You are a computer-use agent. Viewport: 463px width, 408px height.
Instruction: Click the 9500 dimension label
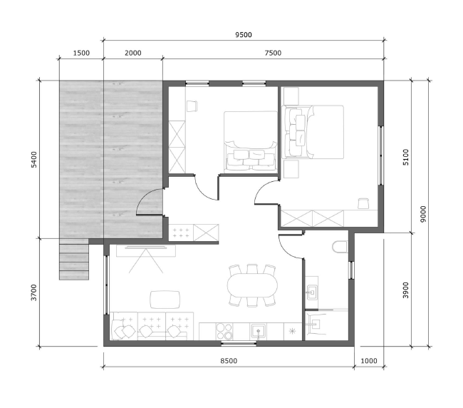(x=244, y=35)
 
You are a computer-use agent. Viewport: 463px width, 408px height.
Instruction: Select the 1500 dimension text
(x=81, y=53)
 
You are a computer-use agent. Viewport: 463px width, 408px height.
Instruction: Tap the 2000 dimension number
(x=133, y=53)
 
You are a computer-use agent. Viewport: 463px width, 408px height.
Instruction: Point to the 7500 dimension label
(x=273, y=53)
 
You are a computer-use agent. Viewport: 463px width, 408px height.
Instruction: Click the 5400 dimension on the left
(x=34, y=160)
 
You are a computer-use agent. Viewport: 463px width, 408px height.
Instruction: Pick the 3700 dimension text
(x=34, y=292)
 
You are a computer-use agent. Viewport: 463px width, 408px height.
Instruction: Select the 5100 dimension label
(x=406, y=158)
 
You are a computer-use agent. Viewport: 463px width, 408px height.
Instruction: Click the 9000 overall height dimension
(x=423, y=214)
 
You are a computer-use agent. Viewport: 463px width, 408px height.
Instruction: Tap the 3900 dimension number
(x=406, y=290)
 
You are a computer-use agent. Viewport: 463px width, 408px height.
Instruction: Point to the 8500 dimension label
(x=229, y=361)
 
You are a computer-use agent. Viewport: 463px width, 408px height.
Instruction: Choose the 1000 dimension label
(x=369, y=361)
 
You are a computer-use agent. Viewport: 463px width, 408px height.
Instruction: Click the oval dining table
(x=252, y=285)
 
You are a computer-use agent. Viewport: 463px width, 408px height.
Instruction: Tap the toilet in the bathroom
(x=340, y=247)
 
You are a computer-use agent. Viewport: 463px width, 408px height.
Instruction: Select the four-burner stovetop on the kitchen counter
(x=224, y=332)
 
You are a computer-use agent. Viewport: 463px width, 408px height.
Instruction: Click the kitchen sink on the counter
(x=259, y=331)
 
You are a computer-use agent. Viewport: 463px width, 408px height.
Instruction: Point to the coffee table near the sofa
(x=165, y=300)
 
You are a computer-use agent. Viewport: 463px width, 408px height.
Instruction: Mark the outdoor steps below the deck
(x=74, y=260)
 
